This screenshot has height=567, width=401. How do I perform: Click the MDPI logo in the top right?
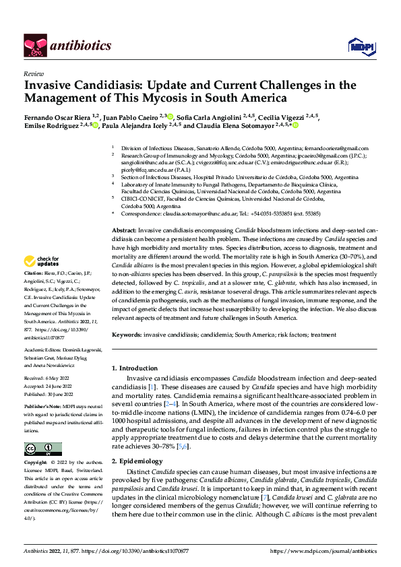[359, 45]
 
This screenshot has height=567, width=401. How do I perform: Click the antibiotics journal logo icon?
[34, 45]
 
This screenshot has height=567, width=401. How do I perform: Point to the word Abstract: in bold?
[123, 230]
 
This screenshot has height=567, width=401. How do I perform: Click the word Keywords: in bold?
[126, 334]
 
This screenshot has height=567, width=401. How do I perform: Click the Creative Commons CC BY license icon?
[39, 448]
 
